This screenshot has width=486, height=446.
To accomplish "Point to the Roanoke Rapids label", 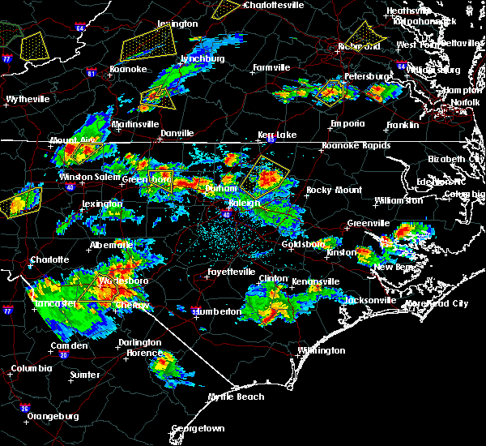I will point(356,145).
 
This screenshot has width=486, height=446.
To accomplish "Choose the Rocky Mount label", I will point(329,190).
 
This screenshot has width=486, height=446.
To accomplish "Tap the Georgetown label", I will point(197,427).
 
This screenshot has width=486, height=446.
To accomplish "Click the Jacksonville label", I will point(352,300).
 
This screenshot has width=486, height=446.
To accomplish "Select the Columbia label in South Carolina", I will point(31,369).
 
